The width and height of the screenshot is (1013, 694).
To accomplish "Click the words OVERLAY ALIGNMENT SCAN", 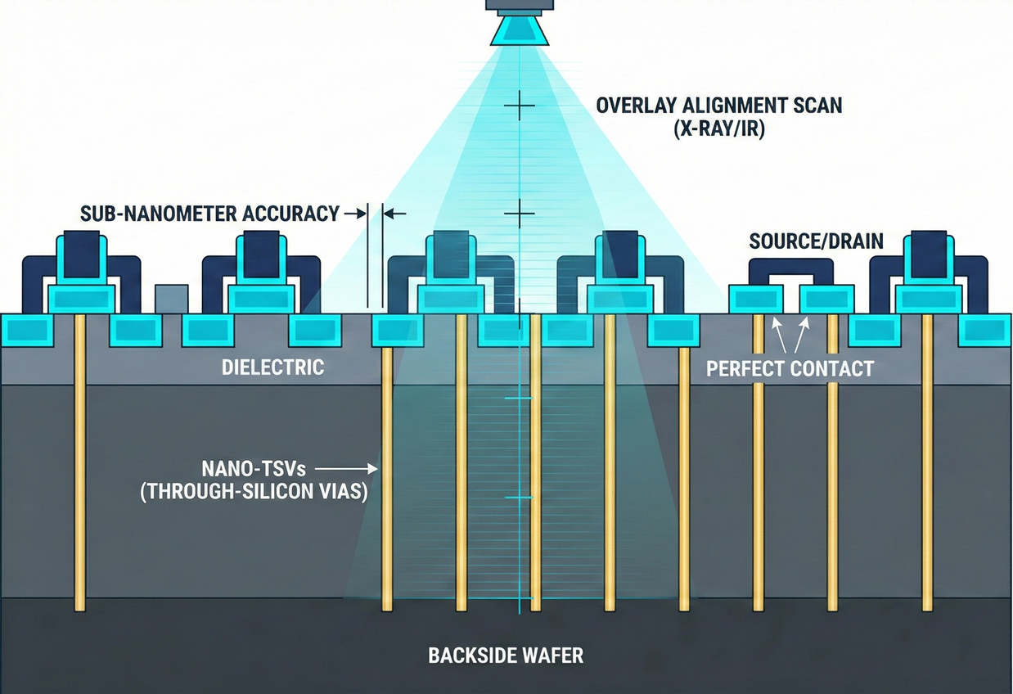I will [x=718, y=106].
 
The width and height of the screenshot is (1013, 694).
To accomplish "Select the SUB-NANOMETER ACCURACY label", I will [x=209, y=214].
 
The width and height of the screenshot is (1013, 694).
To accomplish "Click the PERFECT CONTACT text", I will [x=790, y=368].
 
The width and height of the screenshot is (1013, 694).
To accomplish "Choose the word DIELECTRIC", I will [x=272, y=367].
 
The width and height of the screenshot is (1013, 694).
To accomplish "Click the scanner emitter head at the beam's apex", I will [x=519, y=31].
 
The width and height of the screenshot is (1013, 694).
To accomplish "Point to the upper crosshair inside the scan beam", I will [x=519, y=106].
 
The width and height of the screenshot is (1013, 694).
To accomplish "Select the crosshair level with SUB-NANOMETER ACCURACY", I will [x=519, y=214].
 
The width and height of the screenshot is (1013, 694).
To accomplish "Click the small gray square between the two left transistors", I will [x=171, y=298].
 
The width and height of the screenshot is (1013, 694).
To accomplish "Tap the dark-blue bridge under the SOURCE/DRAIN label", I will [x=791, y=268].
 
